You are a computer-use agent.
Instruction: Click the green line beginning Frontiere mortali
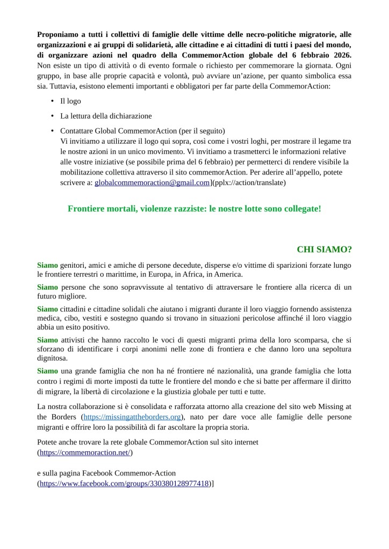click(194, 208)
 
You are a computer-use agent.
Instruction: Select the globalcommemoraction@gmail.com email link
click(152, 182)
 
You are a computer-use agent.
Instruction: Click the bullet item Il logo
click(70, 101)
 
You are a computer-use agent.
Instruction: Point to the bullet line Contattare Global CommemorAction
click(142, 131)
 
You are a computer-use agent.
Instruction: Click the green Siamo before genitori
click(47, 265)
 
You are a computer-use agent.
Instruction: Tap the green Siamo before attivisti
click(47, 340)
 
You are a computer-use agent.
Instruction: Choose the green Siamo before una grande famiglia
click(47, 371)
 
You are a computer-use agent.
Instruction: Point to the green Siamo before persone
click(47, 288)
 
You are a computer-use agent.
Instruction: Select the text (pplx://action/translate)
click(249, 182)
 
